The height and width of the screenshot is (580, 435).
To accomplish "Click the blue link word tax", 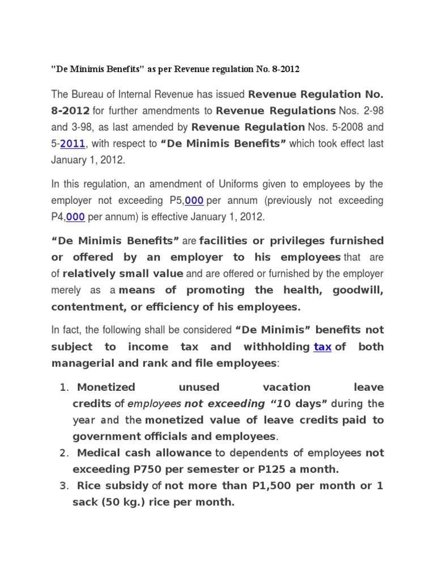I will click(322, 347).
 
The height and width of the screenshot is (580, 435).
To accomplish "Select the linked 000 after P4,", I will click(75, 217).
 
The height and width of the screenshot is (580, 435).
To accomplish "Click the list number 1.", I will click(63, 387).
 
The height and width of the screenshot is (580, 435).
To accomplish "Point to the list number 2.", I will click(63, 453).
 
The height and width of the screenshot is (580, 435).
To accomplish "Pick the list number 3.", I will click(63, 486).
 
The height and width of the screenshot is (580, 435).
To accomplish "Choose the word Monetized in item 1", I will click(106, 387).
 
